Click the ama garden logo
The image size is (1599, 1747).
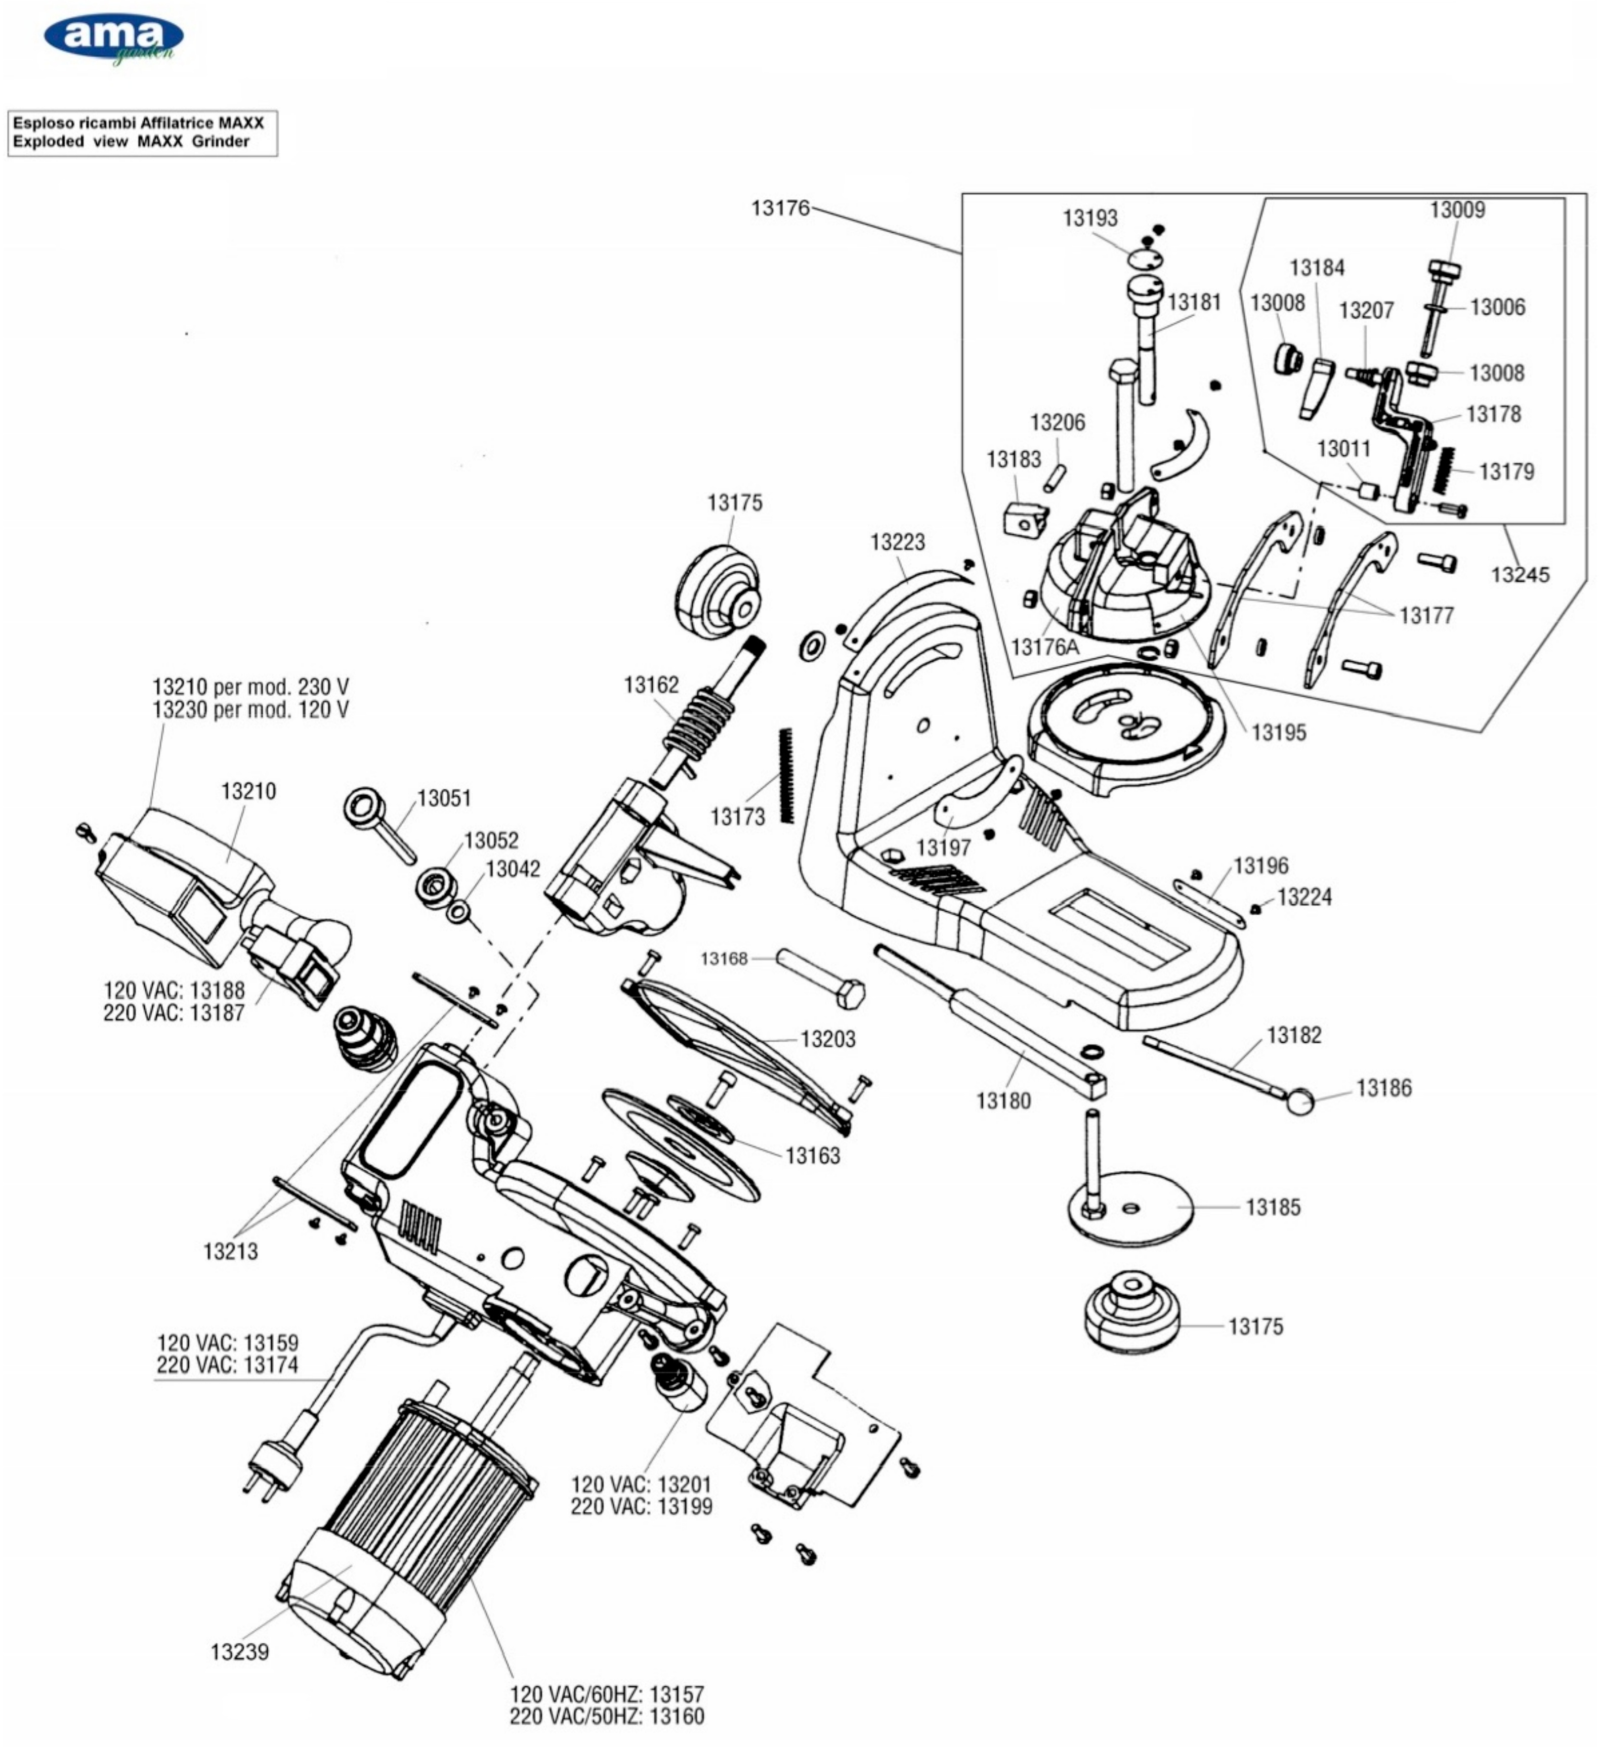(113, 39)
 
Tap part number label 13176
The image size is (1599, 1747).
(779, 208)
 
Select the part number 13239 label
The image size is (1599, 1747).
(239, 1652)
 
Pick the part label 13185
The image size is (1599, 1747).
(1272, 1207)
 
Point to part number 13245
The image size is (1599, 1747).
(1519, 575)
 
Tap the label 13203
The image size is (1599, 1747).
(828, 1039)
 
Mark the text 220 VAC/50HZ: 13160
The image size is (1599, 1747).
(607, 1716)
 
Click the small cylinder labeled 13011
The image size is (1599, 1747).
(1368, 490)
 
